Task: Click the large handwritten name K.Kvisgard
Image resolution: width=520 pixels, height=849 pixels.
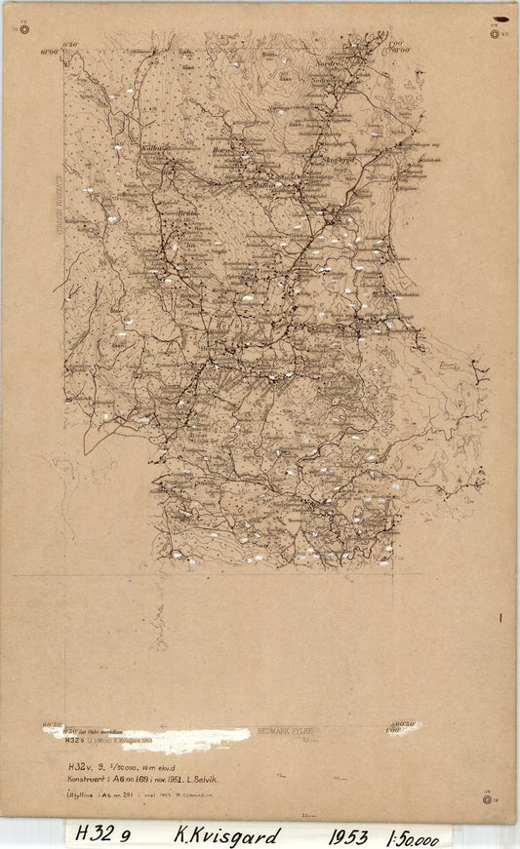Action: (226, 836)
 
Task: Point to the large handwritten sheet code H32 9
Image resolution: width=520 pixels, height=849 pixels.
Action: (101, 834)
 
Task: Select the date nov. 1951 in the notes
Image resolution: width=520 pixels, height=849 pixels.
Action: (161, 781)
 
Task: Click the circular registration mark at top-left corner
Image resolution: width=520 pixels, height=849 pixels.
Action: (23, 30)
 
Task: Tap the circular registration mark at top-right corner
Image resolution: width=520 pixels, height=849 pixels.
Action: (495, 33)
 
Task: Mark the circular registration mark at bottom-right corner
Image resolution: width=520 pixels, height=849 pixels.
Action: (486, 799)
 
